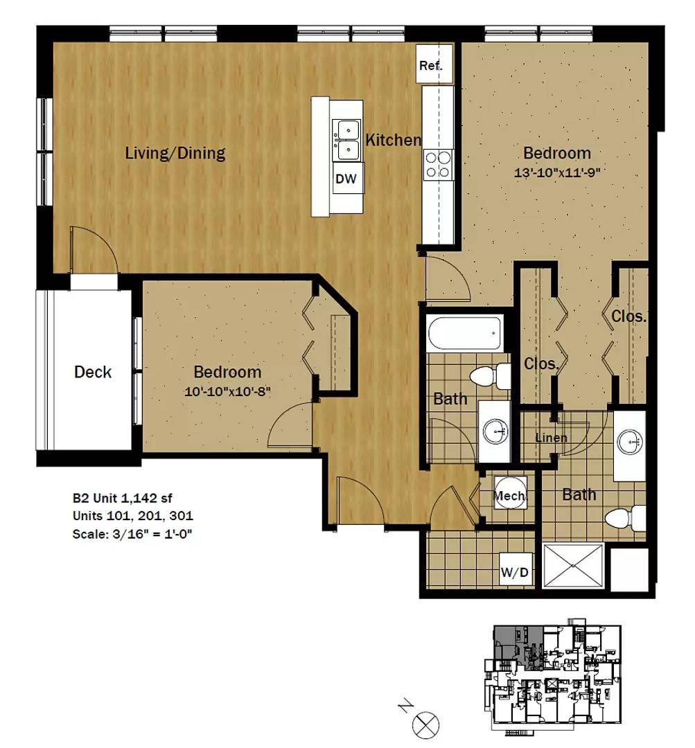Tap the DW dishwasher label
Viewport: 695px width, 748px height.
[x=346, y=179]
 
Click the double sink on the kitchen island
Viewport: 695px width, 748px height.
[x=346, y=139]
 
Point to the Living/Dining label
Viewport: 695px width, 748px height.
[x=175, y=153]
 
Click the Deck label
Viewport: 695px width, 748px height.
[x=93, y=372]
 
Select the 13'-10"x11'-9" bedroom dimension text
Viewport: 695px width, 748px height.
[x=556, y=173]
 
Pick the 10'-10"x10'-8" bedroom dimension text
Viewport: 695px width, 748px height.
[x=227, y=391]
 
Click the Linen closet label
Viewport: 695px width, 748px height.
[x=552, y=438]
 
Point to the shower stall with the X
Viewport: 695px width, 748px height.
[x=573, y=567]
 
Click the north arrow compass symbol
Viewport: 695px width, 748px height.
[x=425, y=726]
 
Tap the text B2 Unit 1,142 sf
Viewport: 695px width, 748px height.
[x=123, y=497]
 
